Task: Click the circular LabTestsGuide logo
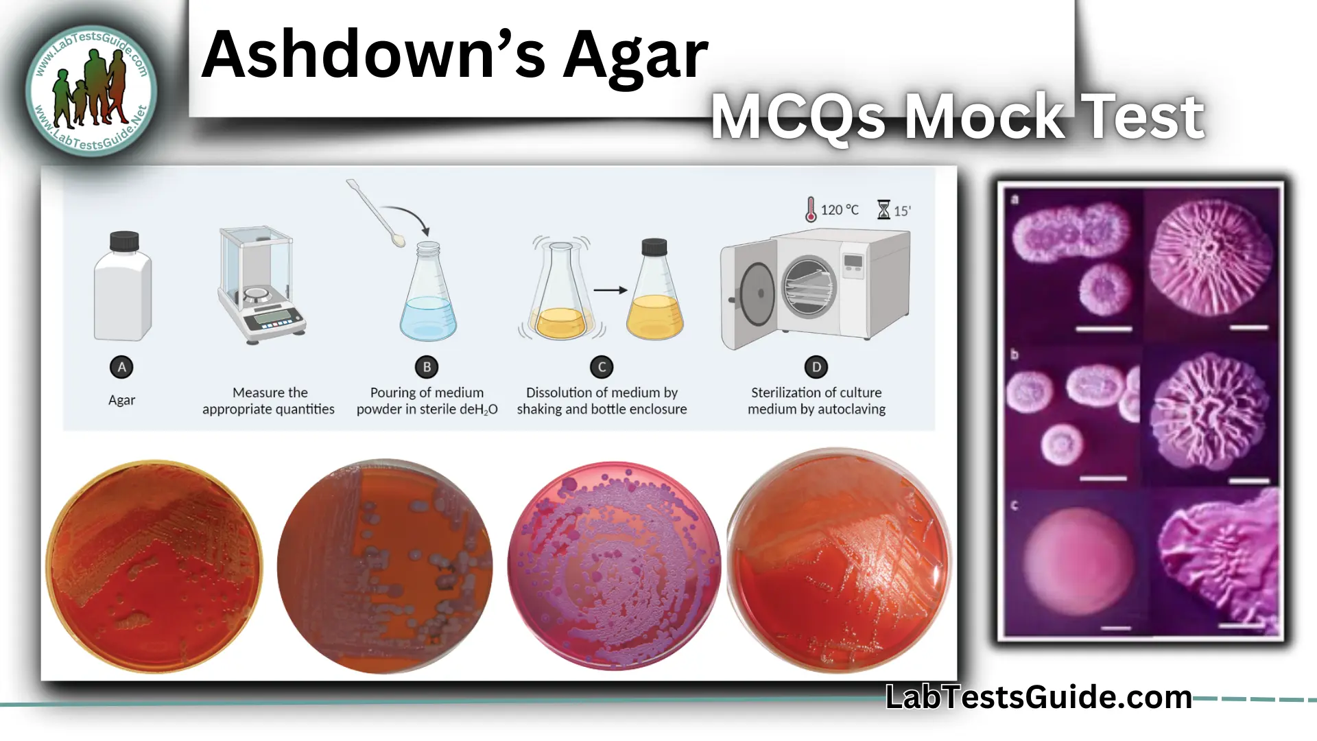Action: [x=91, y=91]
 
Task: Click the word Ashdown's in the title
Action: [x=374, y=55]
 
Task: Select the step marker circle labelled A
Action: [x=121, y=367]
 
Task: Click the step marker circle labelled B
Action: [x=427, y=367]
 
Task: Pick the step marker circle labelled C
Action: [x=602, y=367]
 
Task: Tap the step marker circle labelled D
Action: [x=816, y=367]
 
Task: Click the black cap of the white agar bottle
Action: [x=124, y=241]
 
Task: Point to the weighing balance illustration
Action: [x=260, y=285]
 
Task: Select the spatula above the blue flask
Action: [x=375, y=213]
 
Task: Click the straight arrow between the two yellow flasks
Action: [x=610, y=290]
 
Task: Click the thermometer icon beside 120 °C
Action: [x=811, y=209]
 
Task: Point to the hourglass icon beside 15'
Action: [x=883, y=209]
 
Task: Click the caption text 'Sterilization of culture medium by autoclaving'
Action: [x=816, y=401]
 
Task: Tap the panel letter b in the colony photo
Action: [x=1015, y=355]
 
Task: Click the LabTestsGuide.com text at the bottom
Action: [x=1039, y=697]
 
